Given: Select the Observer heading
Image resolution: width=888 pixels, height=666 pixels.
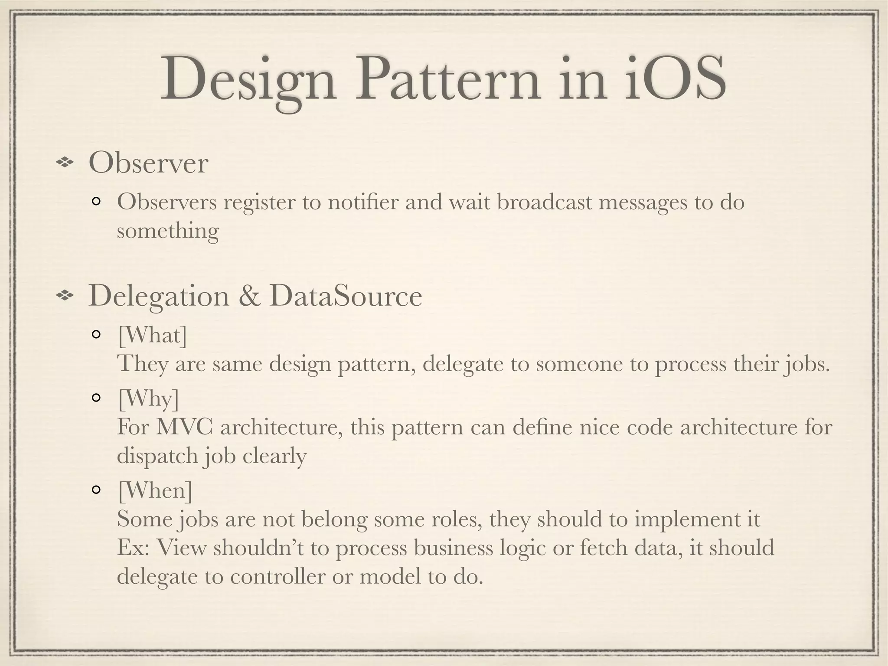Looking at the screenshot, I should (148, 163).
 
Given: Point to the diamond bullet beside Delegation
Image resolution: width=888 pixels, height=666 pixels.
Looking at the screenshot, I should (65, 296).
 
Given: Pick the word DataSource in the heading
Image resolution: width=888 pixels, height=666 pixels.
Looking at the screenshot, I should (345, 296).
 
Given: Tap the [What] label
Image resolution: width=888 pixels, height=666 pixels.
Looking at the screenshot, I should (152, 335).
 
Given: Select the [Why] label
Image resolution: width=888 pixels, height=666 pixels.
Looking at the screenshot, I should (148, 398).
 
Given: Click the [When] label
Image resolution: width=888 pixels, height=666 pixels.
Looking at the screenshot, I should (155, 490).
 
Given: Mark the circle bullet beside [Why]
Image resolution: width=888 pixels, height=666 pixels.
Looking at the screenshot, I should (96, 398).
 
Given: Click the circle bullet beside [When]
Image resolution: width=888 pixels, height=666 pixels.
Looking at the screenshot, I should (96, 490).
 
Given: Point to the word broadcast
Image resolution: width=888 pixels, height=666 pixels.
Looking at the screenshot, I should (544, 202).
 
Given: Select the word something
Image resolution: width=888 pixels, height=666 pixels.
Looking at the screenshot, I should (168, 231).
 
